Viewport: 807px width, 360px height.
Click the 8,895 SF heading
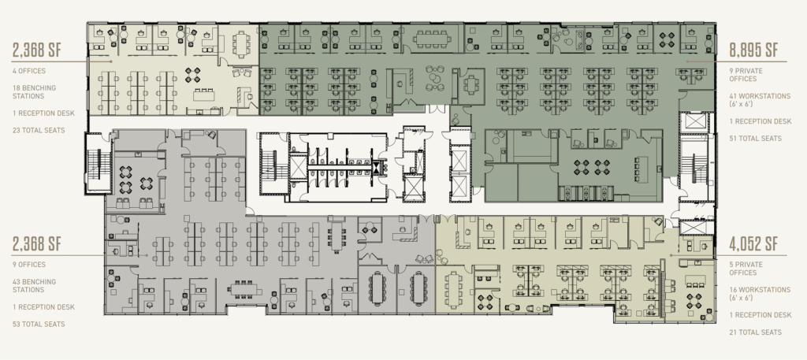pyautogui.click(x=753, y=50)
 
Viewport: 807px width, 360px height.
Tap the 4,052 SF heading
pyautogui.click(x=753, y=244)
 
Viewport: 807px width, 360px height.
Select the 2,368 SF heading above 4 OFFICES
pyautogui.click(x=37, y=50)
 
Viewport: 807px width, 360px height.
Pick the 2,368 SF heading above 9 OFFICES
pyautogui.click(x=37, y=244)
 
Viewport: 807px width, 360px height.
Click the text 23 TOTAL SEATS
pyautogui.click(x=39, y=130)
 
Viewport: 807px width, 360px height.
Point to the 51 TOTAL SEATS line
pyautogui.click(x=755, y=139)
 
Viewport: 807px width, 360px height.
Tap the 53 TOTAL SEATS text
pyautogui.click(x=39, y=324)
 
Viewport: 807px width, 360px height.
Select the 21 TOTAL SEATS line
pyautogui.click(x=755, y=332)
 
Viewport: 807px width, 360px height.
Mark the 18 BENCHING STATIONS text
pyautogui.click(x=35, y=92)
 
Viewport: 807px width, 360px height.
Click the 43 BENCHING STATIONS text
pyautogui.click(x=35, y=286)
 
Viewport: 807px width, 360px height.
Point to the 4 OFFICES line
pyautogui.click(x=29, y=71)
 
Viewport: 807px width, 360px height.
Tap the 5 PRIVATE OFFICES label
pyautogui.click(x=746, y=269)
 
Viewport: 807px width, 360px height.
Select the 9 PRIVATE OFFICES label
pyautogui.click(x=746, y=75)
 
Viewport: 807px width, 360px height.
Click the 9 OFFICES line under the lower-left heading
pyautogui.click(x=29, y=265)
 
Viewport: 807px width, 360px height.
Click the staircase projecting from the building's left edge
pyautogui.click(x=99, y=164)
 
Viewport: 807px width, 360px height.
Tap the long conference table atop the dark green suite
pyautogui.click(x=432, y=38)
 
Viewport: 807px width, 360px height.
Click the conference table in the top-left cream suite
pyautogui.click(x=241, y=43)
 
